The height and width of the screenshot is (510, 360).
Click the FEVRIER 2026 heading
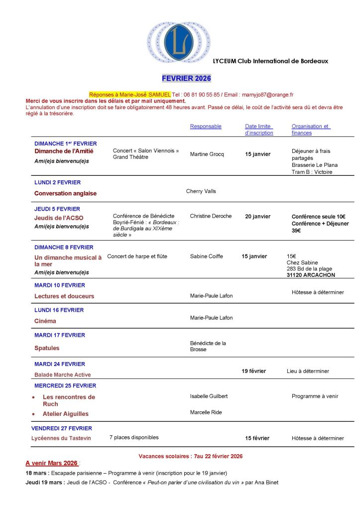coord(186,78)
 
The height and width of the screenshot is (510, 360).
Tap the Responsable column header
coord(206,127)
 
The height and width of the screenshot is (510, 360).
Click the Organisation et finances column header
coord(310,129)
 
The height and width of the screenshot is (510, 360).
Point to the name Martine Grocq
coord(207,154)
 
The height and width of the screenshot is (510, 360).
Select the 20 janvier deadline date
coord(257,217)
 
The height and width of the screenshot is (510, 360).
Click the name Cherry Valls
coord(201,191)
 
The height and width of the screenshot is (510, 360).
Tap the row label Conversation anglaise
coord(65,193)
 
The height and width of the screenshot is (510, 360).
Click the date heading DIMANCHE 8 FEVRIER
coord(64,248)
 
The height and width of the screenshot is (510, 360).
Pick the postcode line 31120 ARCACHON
coord(311,275)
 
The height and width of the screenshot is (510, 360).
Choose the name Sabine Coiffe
coord(207,256)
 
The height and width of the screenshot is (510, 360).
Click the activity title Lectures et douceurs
coord(64,296)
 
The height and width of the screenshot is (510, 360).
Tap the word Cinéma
coord(45,321)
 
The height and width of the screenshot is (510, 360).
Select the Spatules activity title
coord(47,348)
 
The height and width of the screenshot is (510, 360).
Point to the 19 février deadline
coord(254,371)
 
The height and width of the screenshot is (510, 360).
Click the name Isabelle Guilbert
coord(209,396)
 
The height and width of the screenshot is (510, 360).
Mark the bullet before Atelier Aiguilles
coord(33,414)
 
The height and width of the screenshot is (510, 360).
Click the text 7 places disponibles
coord(134,437)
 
